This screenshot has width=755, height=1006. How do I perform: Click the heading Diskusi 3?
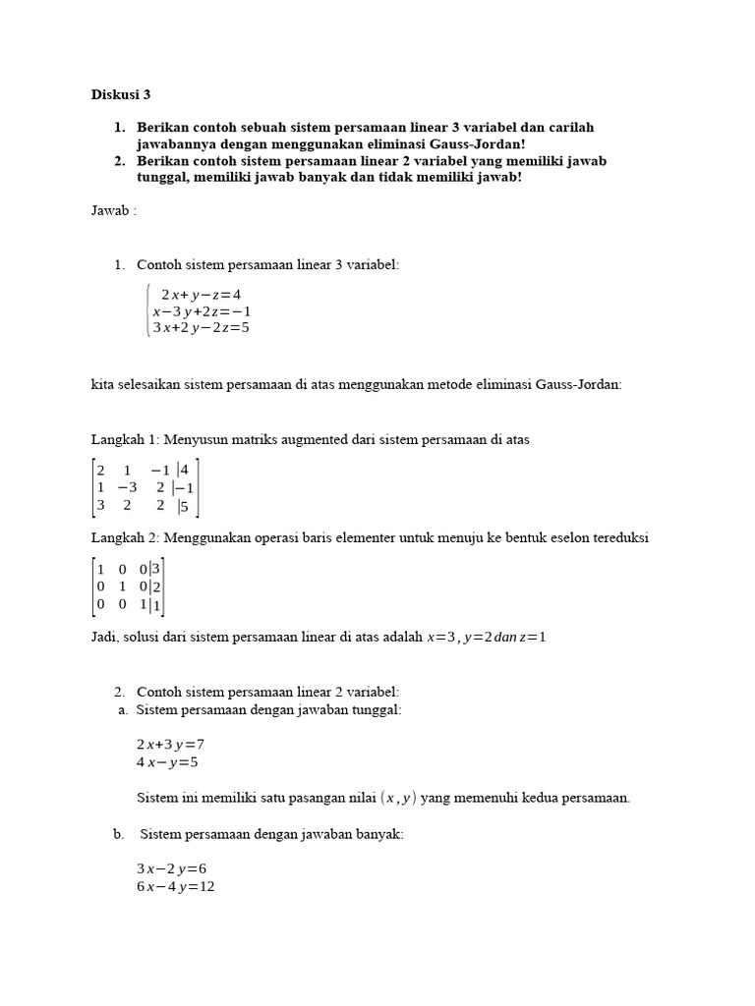coord(121,95)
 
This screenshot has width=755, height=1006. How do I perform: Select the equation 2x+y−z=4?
coord(201,294)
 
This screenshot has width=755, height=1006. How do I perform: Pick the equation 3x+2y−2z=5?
coord(201,327)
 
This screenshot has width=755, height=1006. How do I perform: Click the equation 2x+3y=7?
coord(170,744)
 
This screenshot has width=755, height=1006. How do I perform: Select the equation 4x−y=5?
coord(167,760)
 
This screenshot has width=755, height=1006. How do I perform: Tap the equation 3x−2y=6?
coord(171,868)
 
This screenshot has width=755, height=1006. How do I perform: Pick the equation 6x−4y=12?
coord(175,886)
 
